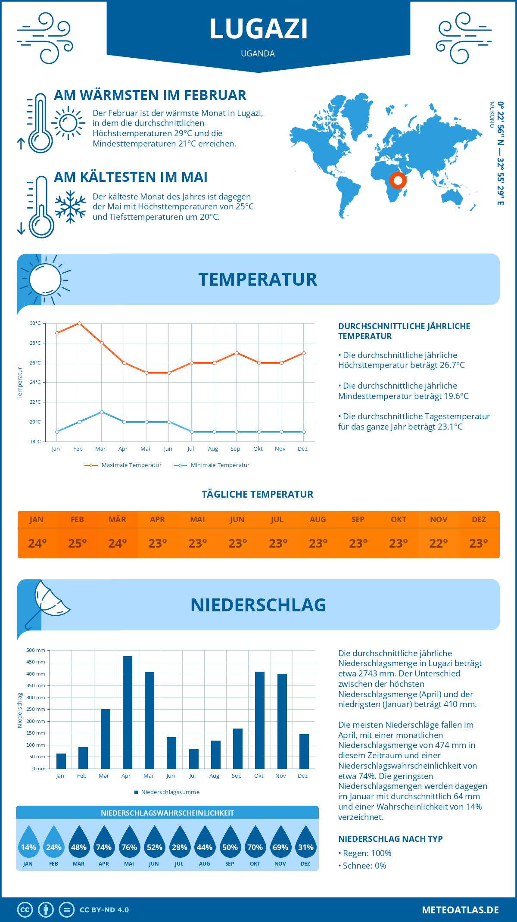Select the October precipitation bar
[260, 720]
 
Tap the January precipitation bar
[61, 761]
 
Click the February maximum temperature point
[79, 323]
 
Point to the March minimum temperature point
[102, 412]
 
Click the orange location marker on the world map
[398, 180]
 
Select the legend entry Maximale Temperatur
[123, 465]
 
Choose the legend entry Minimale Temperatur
[212, 465]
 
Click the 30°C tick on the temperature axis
[35, 323]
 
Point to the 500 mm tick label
[36, 650]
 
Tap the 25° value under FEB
[78, 543]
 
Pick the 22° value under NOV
[439, 543]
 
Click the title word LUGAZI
[258, 29]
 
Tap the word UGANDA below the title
[258, 53]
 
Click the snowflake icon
[70, 207]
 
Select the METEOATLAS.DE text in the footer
[460, 910]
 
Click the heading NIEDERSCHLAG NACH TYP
[390, 839]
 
